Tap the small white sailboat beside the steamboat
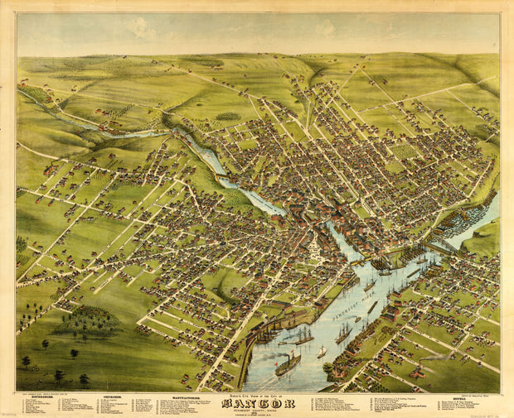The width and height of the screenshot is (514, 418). pos(322,352)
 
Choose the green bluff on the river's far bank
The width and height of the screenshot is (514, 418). pos(485,239)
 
